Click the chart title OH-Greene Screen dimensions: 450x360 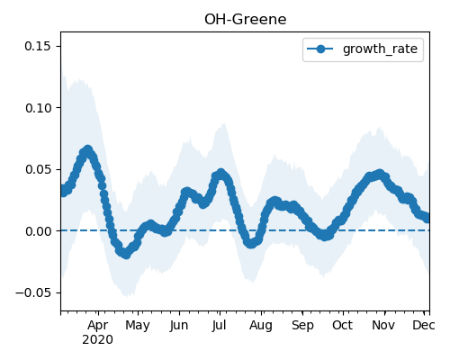coord(246,20)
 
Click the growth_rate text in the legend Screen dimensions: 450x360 coord(380,49)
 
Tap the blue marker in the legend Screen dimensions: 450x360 coord(320,49)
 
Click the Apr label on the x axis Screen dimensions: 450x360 coord(98,326)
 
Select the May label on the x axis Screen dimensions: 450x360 coord(138,326)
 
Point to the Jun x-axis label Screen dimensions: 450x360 coord(179,326)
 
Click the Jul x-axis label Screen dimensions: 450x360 coord(219,326)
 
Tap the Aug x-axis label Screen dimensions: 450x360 coord(261,326)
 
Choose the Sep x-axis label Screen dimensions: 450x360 coord(302,326)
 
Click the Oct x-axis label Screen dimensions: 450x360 coord(342,325)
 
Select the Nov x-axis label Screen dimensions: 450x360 coord(383,325)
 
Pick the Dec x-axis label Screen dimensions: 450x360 coord(424,325)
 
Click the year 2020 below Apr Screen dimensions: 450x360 coord(97,340)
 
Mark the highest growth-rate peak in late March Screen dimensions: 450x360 coord(87,149)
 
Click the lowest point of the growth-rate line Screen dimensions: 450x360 coord(126,255)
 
